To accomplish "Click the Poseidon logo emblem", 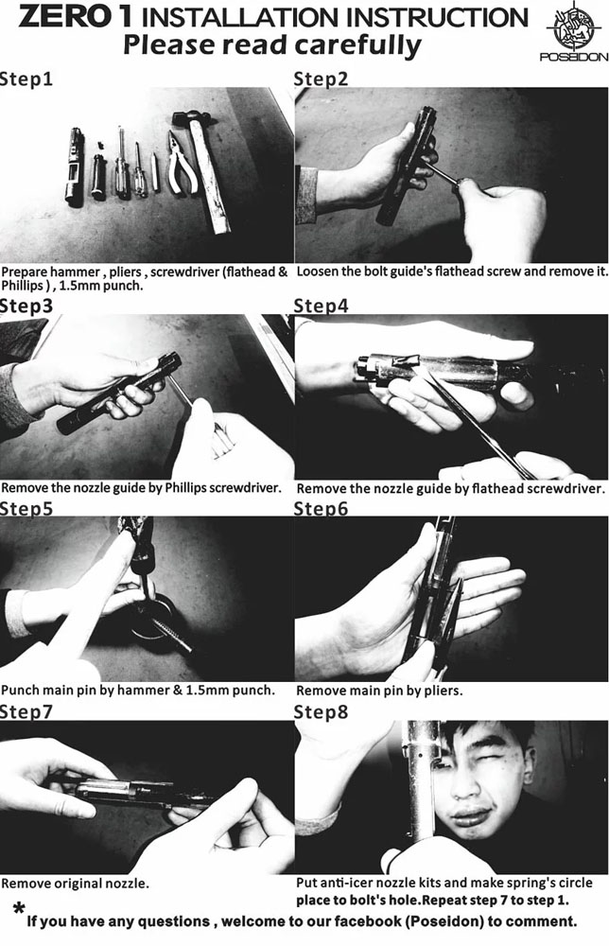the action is [573, 27].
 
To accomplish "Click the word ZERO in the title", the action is [67, 16].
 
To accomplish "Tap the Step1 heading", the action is [26, 79].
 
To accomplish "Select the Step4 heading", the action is [321, 306].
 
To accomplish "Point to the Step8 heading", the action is [321, 712].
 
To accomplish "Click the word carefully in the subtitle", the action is [357, 46].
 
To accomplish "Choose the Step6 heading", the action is [321, 509].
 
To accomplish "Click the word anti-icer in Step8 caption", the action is [343, 883].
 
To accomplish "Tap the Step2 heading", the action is [321, 79].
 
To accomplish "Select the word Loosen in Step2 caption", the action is [317, 272].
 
